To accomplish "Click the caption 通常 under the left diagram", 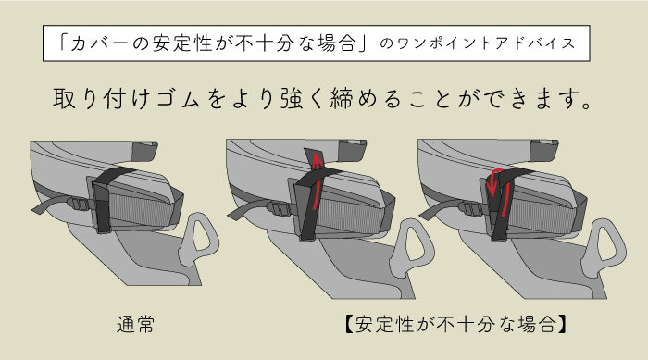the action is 135,325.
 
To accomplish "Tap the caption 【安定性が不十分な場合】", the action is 455,324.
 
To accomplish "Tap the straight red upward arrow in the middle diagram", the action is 318,181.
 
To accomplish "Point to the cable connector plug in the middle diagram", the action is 278,208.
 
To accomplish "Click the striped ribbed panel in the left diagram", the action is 142,210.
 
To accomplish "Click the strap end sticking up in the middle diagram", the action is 313,158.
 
